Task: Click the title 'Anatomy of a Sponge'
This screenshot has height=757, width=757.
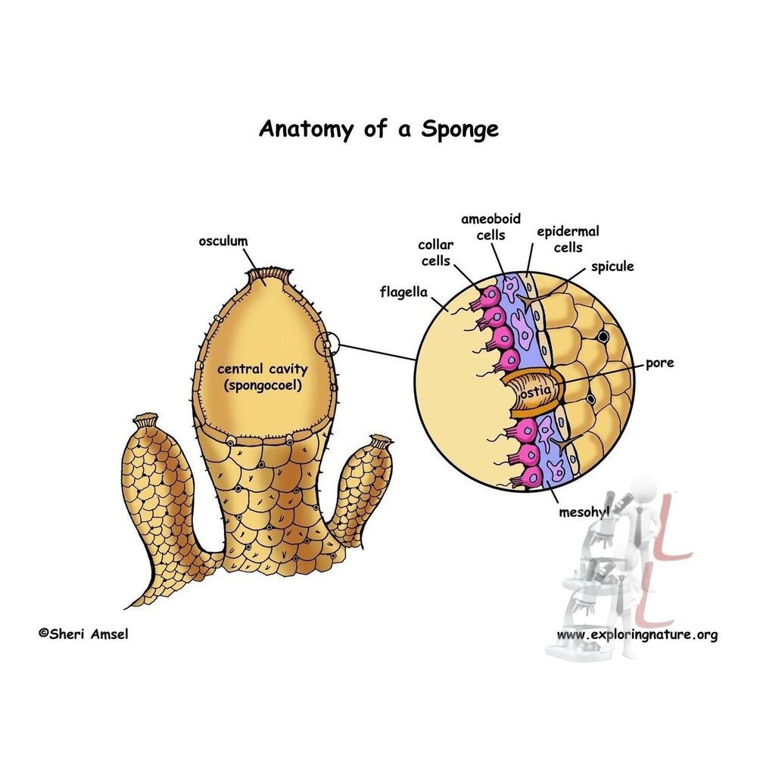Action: click(378, 128)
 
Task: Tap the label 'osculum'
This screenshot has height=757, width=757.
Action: click(223, 241)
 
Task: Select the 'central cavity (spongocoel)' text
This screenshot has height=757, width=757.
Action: click(263, 377)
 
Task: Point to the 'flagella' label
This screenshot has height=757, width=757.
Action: click(404, 291)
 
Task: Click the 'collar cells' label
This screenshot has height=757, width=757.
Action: click(435, 253)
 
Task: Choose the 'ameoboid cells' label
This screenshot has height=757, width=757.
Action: click(491, 226)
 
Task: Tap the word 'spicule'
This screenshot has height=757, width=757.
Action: click(612, 266)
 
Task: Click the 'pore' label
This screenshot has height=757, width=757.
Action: click(659, 363)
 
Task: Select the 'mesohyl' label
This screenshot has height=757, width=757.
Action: click(584, 512)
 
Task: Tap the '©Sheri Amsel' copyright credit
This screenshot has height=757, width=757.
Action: click(83, 634)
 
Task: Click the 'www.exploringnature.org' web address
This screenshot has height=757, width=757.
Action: click(637, 634)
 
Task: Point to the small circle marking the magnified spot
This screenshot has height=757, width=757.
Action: click(329, 344)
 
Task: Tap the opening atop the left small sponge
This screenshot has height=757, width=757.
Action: click(148, 419)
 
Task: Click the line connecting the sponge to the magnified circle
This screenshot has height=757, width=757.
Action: click(376, 352)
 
